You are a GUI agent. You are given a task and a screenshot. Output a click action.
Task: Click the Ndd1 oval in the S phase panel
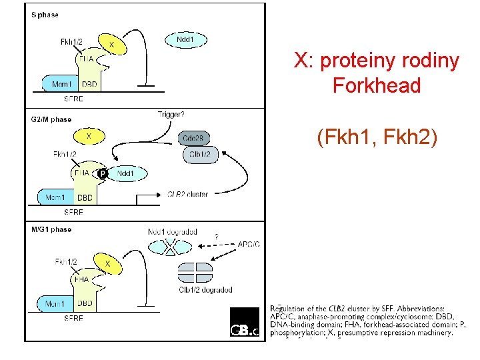coord(185,40)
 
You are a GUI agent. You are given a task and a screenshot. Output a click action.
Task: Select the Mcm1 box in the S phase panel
coord(60,85)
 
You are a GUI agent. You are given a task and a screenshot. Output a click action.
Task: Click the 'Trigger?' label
coord(171,114)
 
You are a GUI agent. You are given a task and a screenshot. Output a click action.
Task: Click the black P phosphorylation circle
coord(103,174)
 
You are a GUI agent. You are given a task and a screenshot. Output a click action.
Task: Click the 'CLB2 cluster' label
coord(187,195)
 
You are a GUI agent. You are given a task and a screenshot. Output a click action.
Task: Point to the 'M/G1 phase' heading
coord(51,229)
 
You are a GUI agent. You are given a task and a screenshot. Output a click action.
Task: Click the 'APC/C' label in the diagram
coord(250,244)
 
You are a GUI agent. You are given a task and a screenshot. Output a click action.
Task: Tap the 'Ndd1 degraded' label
coord(172,232)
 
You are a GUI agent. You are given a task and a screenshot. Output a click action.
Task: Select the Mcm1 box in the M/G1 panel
coord(56,304)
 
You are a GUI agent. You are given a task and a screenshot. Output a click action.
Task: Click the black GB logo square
coord(244,323)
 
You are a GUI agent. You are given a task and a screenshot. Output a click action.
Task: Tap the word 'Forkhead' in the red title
coord(377,86)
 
